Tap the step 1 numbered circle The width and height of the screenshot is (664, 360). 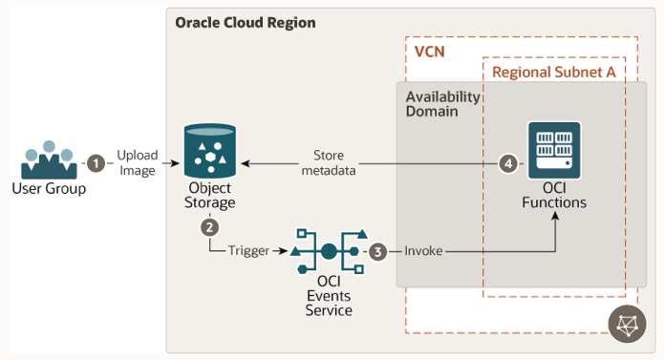[96, 162]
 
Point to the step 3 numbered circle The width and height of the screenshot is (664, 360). [378, 252]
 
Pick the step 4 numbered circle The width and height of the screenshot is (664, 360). [509, 163]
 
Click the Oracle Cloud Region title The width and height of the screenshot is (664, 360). [245, 22]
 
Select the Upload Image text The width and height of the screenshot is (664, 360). [138, 162]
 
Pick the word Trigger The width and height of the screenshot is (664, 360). [247, 252]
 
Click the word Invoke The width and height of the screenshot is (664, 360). [423, 252]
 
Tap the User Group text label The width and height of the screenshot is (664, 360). [49, 189]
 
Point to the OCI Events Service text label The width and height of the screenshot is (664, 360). [328, 296]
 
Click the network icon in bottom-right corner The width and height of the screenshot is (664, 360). [626, 325]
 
